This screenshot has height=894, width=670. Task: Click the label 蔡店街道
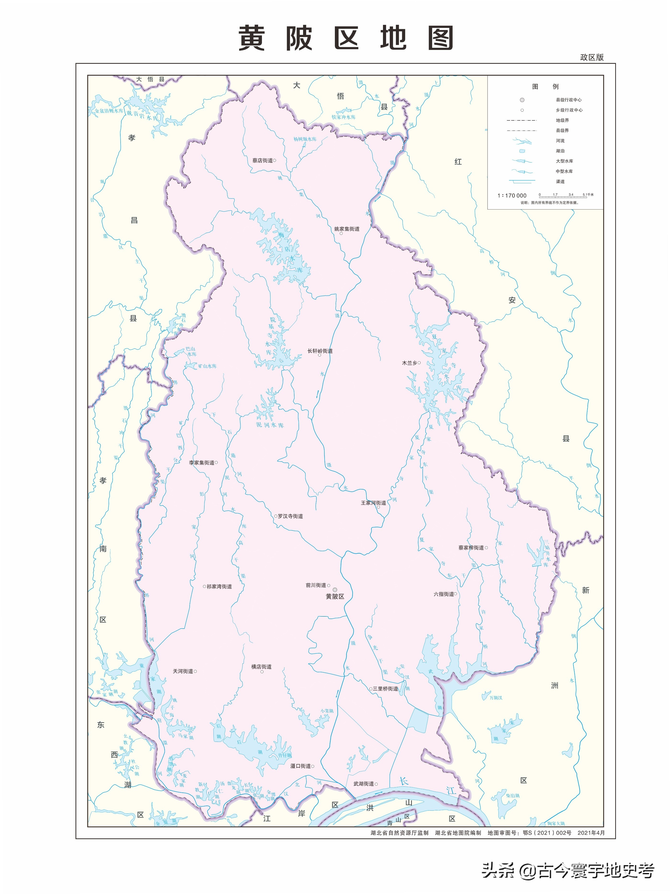262,161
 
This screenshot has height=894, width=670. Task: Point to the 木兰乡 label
409,363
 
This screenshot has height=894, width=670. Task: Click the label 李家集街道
201,462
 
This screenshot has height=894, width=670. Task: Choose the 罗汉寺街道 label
290,516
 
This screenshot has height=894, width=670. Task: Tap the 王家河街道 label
373,503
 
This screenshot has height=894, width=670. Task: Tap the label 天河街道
183,671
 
